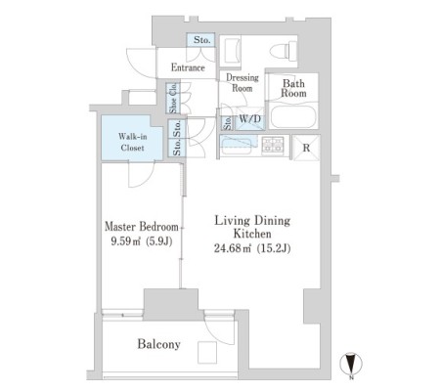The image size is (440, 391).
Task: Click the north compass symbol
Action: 351,366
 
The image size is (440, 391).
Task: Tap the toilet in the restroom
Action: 284,51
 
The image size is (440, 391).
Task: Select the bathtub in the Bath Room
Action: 293,116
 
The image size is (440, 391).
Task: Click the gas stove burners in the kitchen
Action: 273,145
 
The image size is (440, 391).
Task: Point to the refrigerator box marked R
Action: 306,148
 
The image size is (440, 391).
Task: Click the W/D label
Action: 250,119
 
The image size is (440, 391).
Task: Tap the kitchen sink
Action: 237,147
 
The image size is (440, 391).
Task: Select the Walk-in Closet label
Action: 132,142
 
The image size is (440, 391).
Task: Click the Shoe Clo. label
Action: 173,98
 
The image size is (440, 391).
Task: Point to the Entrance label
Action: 188,67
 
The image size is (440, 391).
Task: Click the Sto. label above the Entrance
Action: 201,40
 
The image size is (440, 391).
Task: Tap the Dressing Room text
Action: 242,83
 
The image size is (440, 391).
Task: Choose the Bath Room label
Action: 293,88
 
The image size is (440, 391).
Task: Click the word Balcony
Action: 158,344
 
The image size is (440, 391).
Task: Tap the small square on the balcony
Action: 207,352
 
